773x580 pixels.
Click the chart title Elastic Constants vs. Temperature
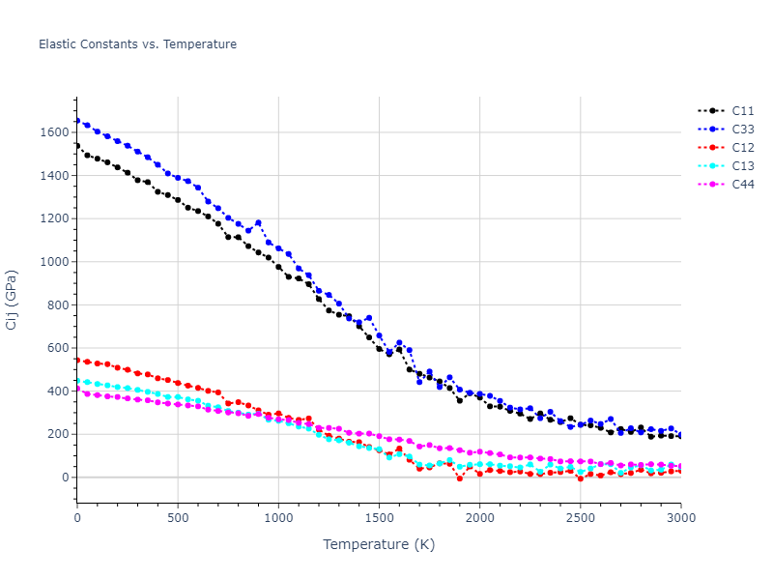[137, 44]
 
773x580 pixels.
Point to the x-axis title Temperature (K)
[379, 545]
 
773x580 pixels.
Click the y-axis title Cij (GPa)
[13, 300]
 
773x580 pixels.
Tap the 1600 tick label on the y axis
[56, 132]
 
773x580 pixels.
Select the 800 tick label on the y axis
[59, 305]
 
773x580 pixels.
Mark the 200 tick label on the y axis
[59, 435]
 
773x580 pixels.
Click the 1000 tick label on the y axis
[56, 262]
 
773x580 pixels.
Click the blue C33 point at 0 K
[77, 121]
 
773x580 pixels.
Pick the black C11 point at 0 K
[77, 146]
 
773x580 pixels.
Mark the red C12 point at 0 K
[77, 360]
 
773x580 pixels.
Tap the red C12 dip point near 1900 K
[460, 478]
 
